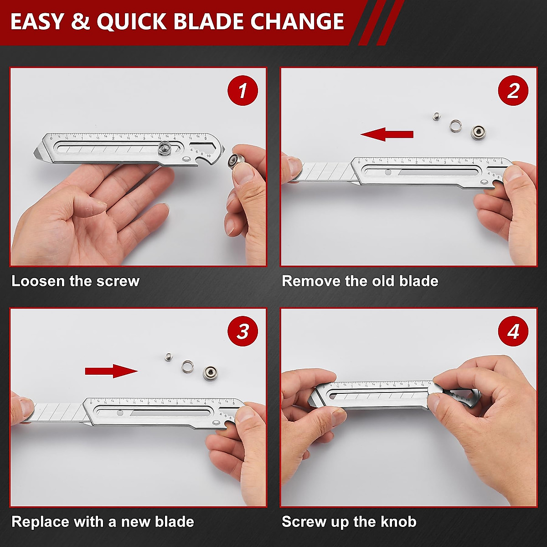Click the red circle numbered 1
pos(243,90)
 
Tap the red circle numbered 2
pos(513,90)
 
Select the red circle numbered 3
pos(243,331)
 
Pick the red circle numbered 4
pos(513,331)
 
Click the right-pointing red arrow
pos(111,371)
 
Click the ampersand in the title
pos(81,22)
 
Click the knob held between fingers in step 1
pos(238,161)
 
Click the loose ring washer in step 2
pos(456,125)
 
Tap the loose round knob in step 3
pos(211,372)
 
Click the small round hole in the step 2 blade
pos(387,173)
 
